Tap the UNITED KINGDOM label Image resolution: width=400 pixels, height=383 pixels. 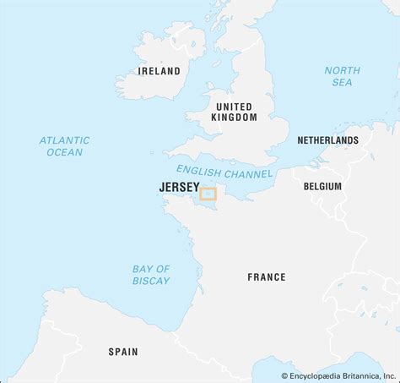click(234, 112)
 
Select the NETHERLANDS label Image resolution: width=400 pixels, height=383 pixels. click(328, 140)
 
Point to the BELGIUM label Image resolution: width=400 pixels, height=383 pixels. click(323, 186)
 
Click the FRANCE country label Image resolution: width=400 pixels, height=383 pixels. click(267, 277)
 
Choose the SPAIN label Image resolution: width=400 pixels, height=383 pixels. click(123, 351)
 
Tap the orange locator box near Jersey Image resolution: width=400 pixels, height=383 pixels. click(208, 194)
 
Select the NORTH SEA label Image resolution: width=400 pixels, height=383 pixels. click(343, 76)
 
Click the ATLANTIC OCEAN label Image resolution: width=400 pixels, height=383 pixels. click(64, 146)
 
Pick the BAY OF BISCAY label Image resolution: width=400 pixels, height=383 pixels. click(151, 275)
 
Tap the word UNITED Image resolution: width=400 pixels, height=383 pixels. click(234, 106)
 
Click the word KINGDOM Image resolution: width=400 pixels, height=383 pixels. click(234, 118)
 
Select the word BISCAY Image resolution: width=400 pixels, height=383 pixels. click(151, 281)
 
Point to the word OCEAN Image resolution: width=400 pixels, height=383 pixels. click(64, 152)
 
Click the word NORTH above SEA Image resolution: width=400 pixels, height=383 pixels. click(343, 70)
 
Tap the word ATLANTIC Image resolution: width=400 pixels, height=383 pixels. click(64, 140)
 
